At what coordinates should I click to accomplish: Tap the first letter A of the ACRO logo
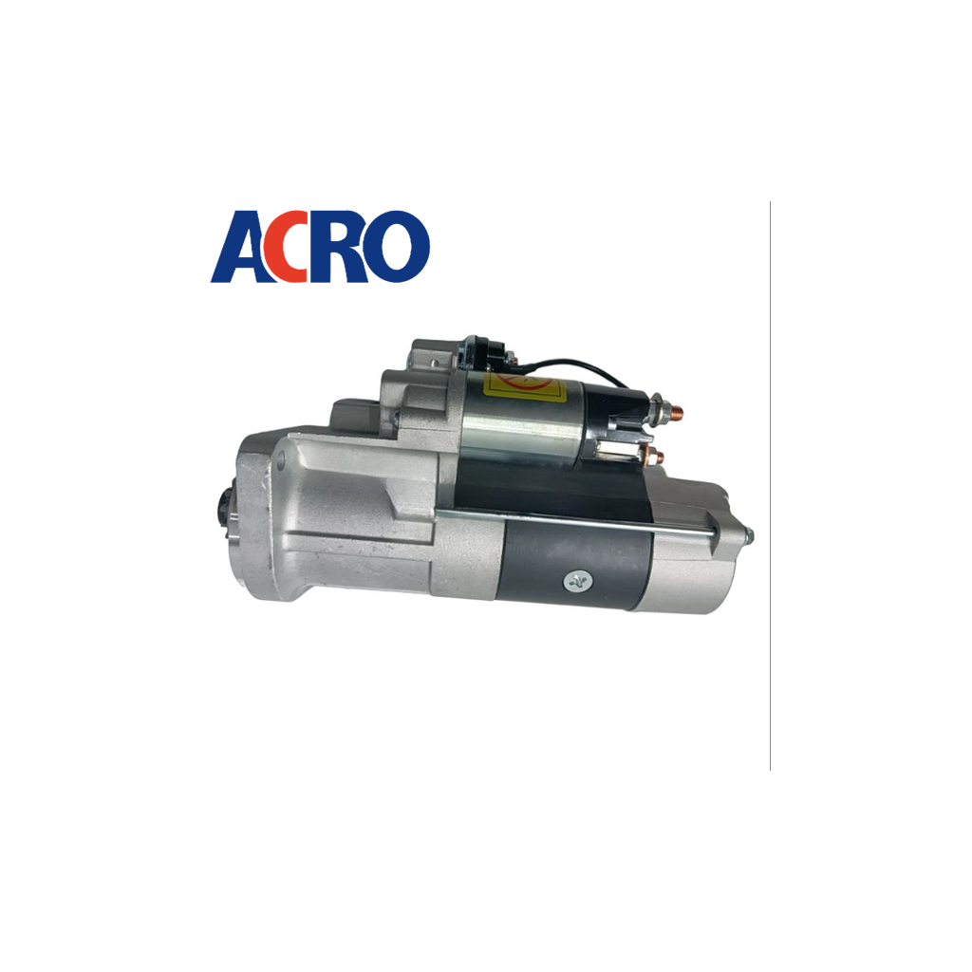pos(238,247)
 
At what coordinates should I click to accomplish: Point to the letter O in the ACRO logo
pos(396,247)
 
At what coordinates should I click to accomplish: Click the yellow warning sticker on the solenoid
pos(524,386)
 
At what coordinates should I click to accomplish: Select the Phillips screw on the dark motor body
pos(577,581)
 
